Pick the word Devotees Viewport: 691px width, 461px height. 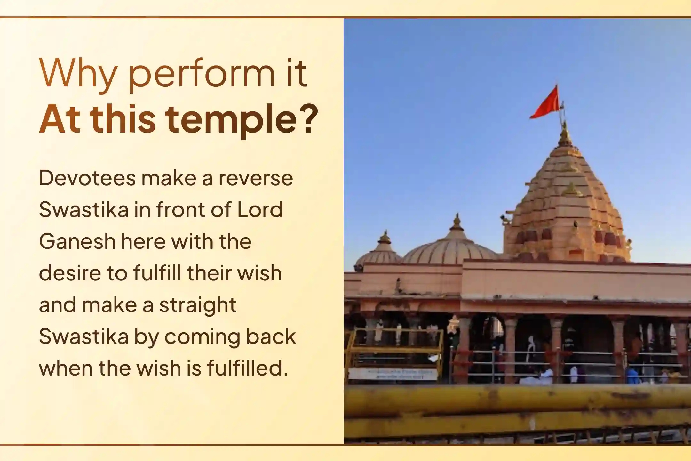tap(87, 178)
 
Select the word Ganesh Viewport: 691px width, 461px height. tap(77, 241)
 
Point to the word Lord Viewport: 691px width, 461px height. tap(260, 210)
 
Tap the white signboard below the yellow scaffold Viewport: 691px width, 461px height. tap(393, 374)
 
